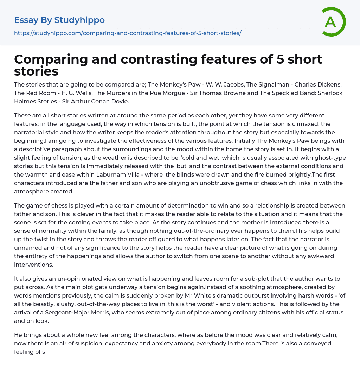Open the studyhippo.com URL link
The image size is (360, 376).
pos(128,33)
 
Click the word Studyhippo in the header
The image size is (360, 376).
pos(79,20)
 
